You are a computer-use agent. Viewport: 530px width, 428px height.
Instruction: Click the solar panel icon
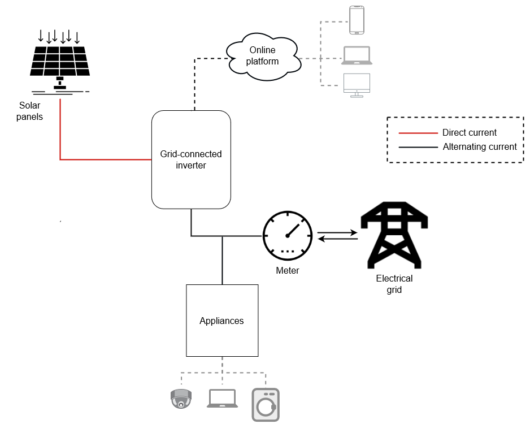click(x=60, y=62)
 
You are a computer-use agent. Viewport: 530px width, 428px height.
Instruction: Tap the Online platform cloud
click(x=263, y=55)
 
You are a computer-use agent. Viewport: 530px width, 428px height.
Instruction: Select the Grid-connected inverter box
click(x=191, y=159)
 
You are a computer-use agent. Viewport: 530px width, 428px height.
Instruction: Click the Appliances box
click(x=222, y=321)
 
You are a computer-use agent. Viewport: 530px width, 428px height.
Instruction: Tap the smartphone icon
click(x=357, y=20)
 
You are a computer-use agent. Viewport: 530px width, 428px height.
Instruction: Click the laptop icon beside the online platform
click(x=357, y=55)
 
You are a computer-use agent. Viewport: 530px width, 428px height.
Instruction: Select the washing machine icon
click(x=266, y=404)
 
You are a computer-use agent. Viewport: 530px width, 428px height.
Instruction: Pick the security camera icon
click(x=181, y=399)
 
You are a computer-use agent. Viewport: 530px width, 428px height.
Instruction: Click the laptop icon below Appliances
click(x=222, y=399)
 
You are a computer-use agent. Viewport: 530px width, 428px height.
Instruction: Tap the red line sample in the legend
click(x=418, y=133)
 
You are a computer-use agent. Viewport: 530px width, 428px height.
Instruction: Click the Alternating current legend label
click(x=480, y=147)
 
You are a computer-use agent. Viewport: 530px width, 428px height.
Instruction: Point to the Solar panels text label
click(x=31, y=111)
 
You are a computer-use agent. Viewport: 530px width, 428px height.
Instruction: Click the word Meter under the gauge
click(x=288, y=271)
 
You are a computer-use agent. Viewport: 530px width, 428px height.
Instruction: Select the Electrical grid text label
click(x=394, y=284)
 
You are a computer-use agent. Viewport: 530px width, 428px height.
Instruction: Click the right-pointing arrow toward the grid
click(x=337, y=232)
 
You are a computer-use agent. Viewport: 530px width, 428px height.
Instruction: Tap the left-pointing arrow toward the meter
click(x=337, y=240)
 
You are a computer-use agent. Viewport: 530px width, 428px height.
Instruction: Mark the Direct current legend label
click(x=470, y=133)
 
